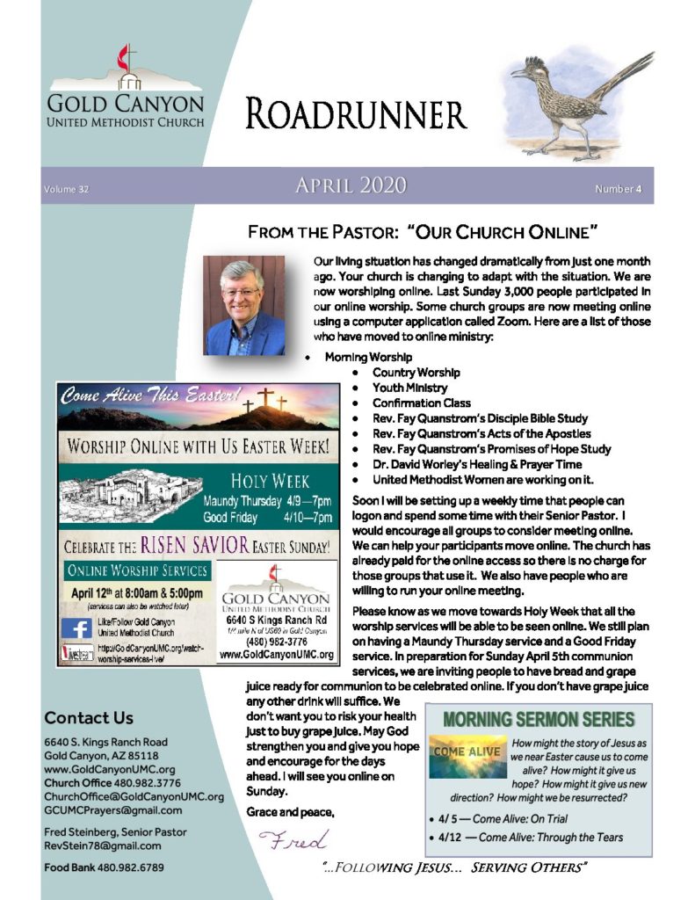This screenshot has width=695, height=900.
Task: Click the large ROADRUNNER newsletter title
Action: coord(356,115)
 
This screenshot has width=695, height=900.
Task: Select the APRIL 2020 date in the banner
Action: coord(351,185)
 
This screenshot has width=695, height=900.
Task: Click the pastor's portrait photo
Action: coord(244,306)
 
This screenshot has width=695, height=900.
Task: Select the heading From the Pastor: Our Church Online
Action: coord(424,233)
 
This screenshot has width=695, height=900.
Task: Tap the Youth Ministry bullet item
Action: coord(409,388)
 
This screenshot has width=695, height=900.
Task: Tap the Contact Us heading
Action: coord(89,717)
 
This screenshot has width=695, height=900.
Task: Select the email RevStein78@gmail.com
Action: coord(103,846)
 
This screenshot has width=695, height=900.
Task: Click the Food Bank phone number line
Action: coord(104,868)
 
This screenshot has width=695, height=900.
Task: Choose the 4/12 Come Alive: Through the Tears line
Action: coord(531,838)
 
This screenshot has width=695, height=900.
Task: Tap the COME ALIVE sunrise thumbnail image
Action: coord(468,756)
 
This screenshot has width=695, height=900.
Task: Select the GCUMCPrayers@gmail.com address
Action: coord(113,810)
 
